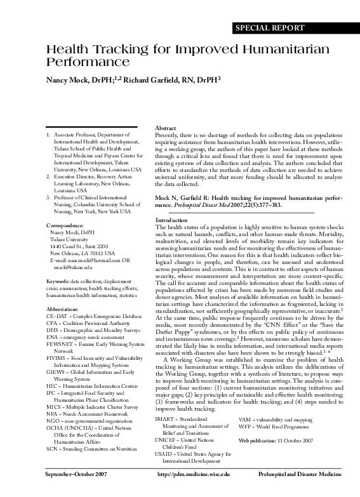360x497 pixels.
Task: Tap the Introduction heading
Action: coord(171,220)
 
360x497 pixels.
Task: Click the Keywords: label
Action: coord(58,280)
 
